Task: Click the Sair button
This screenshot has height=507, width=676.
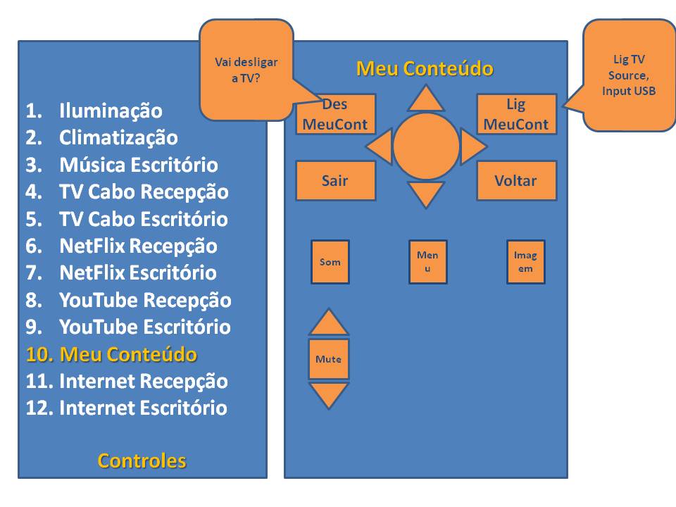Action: coord(335,180)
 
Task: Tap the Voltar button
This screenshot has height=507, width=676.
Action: coord(516,180)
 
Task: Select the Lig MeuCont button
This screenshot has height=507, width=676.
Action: coord(516,114)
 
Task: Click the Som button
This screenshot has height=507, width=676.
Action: coord(330,262)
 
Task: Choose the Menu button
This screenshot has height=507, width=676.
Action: coord(427,262)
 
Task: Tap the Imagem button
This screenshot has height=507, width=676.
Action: coord(525,262)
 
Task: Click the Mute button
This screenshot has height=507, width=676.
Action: coord(328,359)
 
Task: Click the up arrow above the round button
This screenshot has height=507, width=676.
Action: coord(426,100)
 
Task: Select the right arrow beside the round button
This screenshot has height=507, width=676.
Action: coord(472,146)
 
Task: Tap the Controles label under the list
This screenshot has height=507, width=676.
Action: coord(142,461)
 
